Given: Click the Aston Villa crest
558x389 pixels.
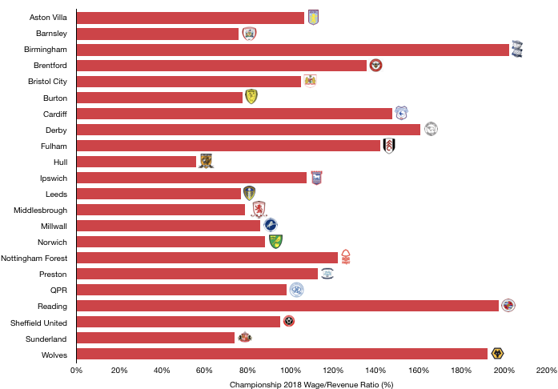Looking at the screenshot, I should click(x=313, y=18).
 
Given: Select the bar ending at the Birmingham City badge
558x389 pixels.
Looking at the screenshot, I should click(x=292, y=50).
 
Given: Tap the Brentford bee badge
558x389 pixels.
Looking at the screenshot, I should click(x=375, y=66).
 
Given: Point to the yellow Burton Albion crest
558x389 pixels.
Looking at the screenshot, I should click(x=251, y=97).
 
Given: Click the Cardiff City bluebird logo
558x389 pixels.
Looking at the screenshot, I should click(x=401, y=114).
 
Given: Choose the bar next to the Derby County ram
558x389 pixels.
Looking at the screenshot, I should click(x=248, y=130).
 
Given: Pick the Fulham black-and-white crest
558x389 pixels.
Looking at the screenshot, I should click(x=389, y=146).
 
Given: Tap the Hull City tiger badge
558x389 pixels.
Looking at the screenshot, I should click(x=206, y=161).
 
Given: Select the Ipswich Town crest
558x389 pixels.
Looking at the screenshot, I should click(x=316, y=178).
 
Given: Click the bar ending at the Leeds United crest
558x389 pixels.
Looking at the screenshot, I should click(x=159, y=194).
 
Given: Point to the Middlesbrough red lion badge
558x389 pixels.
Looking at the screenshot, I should click(x=259, y=209).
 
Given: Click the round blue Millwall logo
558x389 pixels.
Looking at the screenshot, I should click(x=271, y=225).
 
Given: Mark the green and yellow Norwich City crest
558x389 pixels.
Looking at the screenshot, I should click(x=275, y=242).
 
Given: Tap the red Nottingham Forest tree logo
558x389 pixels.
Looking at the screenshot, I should click(x=346, y=257).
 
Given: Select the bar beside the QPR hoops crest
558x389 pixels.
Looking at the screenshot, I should click(x=182, y=290).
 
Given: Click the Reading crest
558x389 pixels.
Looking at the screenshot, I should click(x=508, y=305).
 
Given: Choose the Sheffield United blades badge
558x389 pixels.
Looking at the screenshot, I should click(x=289, y=321).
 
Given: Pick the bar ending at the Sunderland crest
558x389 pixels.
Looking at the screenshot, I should click(x=155, y=338).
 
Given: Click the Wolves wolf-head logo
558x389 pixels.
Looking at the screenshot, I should click(x=497, y=353).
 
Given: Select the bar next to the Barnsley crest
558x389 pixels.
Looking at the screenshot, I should click(x=158, y=34).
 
